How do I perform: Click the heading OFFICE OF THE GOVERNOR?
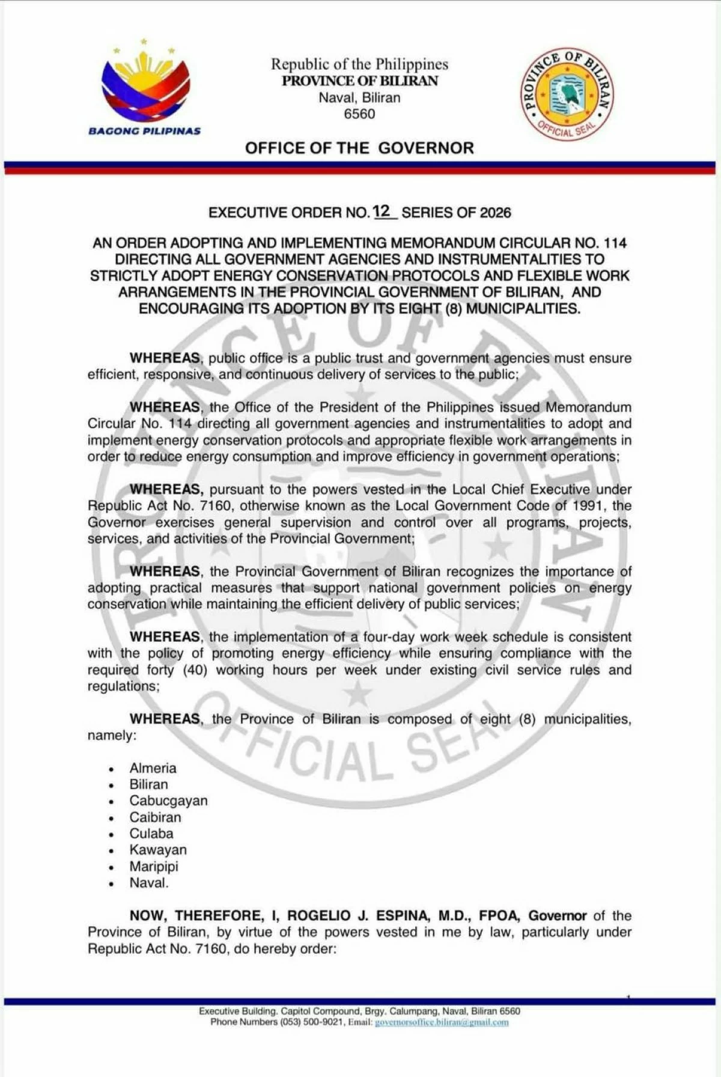point(359,148)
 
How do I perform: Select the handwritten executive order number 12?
point(382,211)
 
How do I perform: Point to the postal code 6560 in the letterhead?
point(359,114)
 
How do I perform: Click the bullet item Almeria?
point(153,768)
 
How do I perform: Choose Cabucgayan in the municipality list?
point(168,801)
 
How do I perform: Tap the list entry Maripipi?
point(154,866)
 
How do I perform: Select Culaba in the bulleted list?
point(151,834)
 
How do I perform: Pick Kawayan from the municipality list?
point(158,850)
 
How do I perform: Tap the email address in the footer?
point(442,1022)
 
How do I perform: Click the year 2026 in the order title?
point(495,213)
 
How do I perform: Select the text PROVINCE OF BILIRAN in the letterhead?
point(359,81)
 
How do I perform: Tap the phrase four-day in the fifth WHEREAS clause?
point(390,637)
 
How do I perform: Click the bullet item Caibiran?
point(155,817)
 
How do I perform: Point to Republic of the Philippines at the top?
point(359,64)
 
